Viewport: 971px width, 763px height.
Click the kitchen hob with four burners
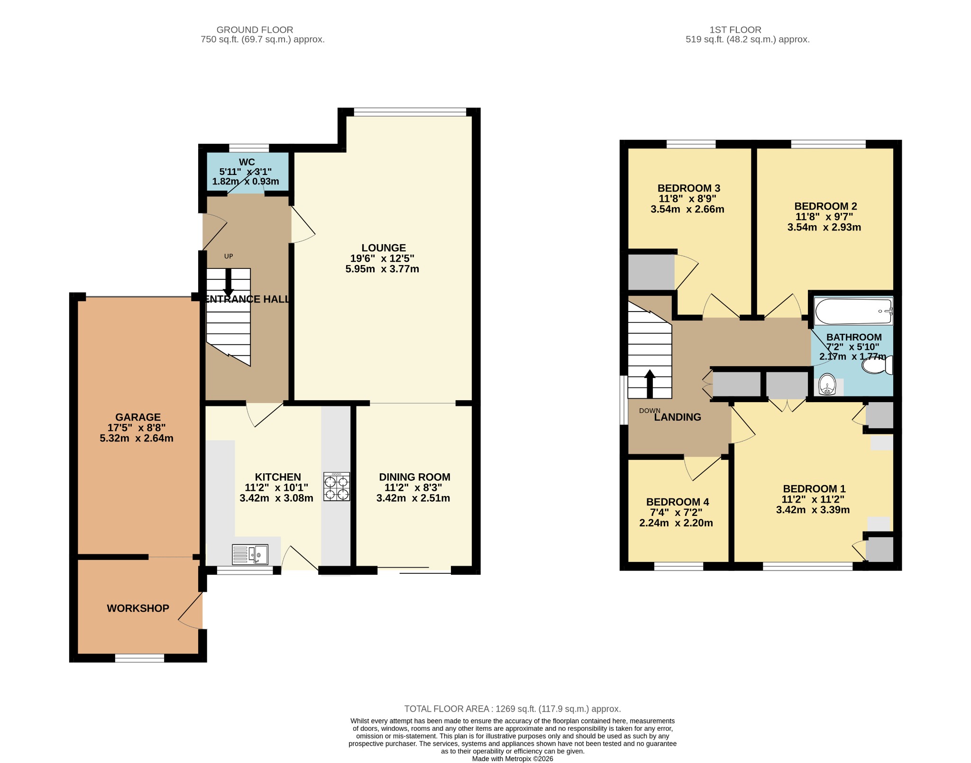click(337, 487)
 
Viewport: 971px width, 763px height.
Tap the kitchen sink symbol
click(250, 554)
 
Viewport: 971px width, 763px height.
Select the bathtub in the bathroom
click(854, 312)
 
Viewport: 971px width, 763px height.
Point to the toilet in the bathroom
click(878, 365)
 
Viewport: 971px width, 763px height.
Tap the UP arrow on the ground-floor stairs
click(229, 283)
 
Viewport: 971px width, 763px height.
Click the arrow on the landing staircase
click(650, 384)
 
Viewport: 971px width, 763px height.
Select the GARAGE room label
click(138, 417)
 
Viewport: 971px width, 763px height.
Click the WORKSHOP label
click(138, 608)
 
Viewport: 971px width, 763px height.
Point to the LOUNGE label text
click(384, 248)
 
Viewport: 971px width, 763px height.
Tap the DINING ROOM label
click(415, 477)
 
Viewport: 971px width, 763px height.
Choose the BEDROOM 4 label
click(678, 502)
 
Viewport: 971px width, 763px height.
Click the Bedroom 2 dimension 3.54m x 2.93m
click(824, 227)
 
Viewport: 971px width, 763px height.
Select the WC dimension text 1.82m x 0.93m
click(246, 182)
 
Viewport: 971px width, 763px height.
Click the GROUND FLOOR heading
click(255, 30)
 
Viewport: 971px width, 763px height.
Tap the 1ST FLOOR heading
click(735, 30)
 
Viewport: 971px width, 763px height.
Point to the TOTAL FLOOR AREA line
click(513, 709)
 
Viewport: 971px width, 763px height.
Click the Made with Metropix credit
click(513, 759)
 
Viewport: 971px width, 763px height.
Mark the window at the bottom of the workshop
click(139, 658)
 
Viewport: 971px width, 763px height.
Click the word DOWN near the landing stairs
click(650, 411)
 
